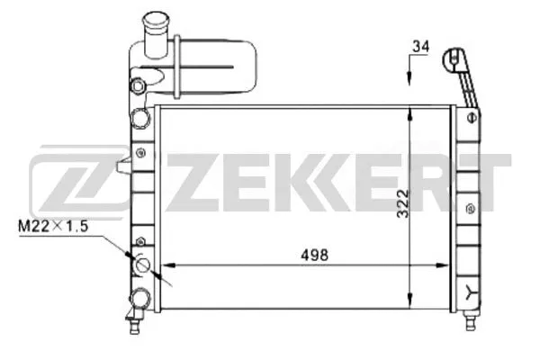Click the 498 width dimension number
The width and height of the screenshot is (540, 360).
click(x=314, y=254)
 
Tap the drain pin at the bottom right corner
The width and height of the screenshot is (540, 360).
click(x=470, y=317)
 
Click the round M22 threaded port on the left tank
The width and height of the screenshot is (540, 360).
click(x=142, y=265)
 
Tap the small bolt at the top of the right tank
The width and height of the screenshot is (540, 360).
click(x=472, y=116)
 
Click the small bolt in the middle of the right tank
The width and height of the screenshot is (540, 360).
click(x=472, y=208)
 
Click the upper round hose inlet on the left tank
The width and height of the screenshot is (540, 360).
click(x=139, y=117)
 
